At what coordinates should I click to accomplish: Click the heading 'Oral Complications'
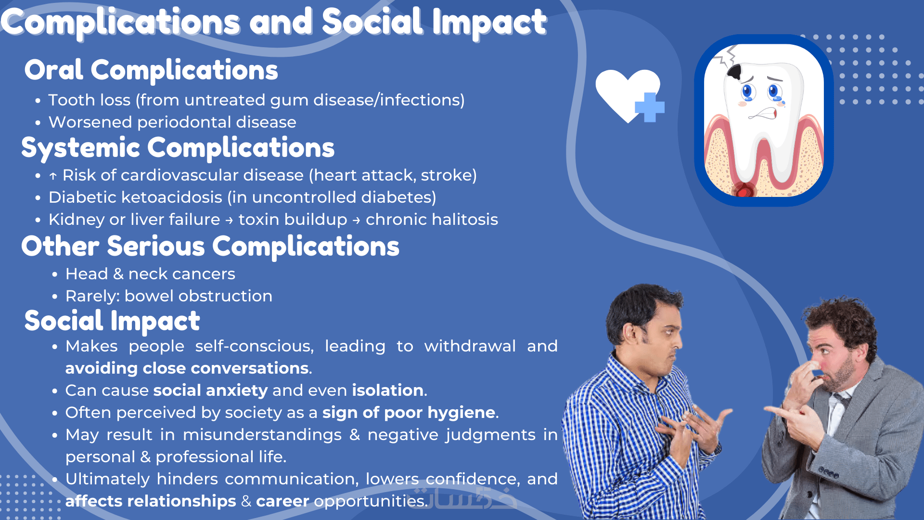tap(151, 70)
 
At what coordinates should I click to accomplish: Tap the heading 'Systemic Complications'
tap(178, 148)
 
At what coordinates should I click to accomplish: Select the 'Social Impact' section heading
tap(112, 321)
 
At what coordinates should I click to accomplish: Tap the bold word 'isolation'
tap(388, 390)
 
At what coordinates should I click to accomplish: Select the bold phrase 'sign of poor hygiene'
tap(409, 413)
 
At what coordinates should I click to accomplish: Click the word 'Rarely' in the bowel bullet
tap(92, 297)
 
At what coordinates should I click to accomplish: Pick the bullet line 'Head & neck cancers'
tap(150, 274)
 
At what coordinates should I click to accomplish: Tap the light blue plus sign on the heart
tap(650, 107)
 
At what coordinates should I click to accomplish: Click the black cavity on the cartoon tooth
tap(735, 72)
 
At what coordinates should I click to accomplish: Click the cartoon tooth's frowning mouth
tap(763, 114)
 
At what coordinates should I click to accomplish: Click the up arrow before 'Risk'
tap(53, 176)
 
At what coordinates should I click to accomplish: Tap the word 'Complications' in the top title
tap(120, 23)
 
